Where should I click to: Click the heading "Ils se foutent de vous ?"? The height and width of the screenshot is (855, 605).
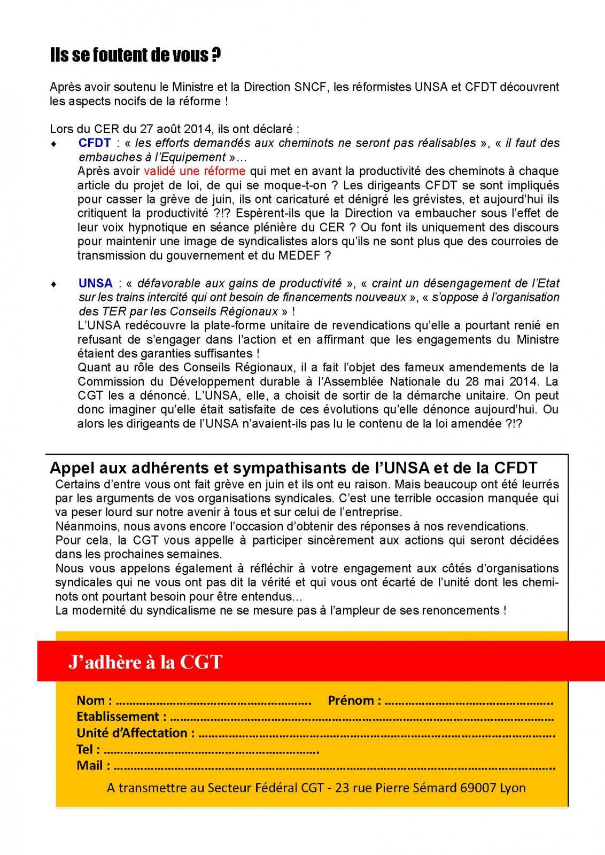click(x=135, y=56)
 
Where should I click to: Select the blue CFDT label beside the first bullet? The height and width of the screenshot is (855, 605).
click(x=95, y=143)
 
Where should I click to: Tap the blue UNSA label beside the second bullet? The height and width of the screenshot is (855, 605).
click(x=96, y=283)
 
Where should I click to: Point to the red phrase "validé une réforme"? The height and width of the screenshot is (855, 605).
click(x=195, y=171)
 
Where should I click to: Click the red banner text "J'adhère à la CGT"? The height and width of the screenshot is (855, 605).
click(x=145, y=662)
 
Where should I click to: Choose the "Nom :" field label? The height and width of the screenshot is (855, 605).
click(x=95, y=700)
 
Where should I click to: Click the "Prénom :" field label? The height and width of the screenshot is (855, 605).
click(x=354, y=700)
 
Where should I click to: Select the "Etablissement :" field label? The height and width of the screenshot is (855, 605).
click(x=121, y=717)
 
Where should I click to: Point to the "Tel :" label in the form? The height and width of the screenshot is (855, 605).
click(x=88, y=749)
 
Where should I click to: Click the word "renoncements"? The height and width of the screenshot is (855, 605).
click(x=464, y=610)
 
